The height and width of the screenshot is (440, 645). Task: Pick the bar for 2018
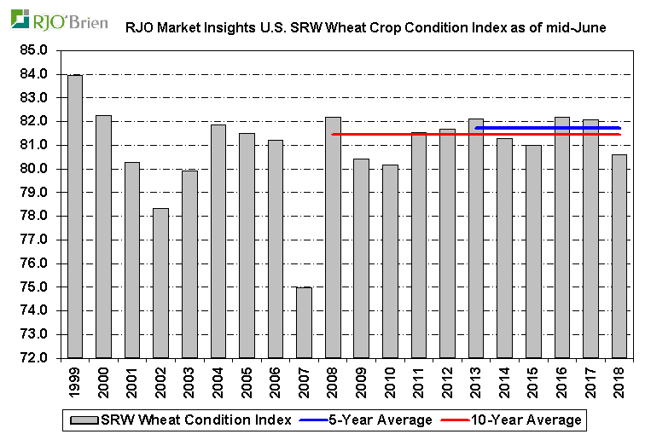pyautogui.click(x=619, y=256)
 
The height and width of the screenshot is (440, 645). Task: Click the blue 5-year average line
pyautogui.click(x=546, y=128)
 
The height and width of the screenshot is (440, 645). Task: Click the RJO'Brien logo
pyautogui.click(x=59, y=19)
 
